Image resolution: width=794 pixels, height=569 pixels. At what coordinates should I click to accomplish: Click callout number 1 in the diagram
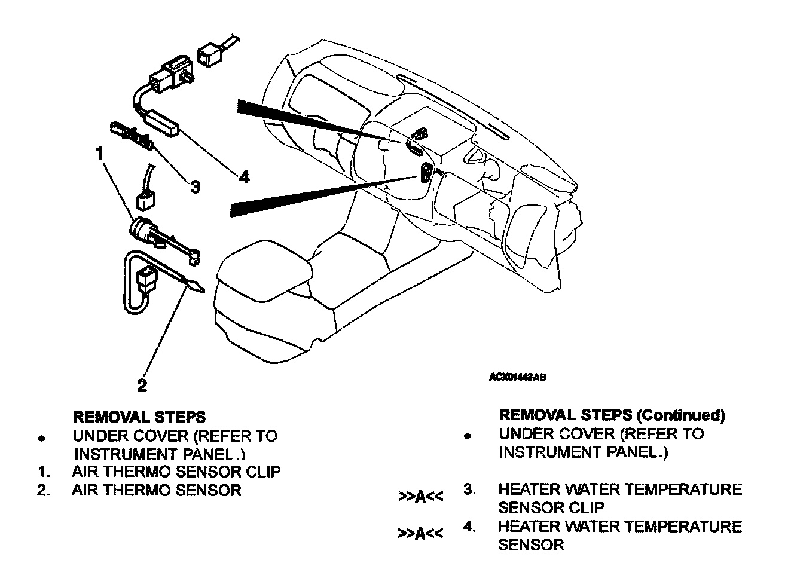[x=100, y=153]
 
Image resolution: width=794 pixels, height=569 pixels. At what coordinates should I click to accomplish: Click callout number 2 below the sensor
[x=142, y=386]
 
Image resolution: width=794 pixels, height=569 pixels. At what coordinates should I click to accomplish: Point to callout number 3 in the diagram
[x=195, y=186]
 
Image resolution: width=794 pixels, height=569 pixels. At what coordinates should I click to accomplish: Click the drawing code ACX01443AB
[x=517, y=377]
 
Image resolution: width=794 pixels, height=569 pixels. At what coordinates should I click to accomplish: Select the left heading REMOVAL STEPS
[x=139, y=417]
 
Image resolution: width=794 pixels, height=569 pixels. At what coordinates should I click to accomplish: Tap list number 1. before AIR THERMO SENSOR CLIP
[x=42, y=472]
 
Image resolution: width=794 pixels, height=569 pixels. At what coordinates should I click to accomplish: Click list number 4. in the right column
[x=470, y=527]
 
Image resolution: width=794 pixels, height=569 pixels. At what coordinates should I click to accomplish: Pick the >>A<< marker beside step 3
[x=421, y=497]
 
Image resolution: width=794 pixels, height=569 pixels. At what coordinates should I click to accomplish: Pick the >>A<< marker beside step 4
[x=421, y=534]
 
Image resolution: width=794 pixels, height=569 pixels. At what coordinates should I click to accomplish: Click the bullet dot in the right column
[x=468, y=436]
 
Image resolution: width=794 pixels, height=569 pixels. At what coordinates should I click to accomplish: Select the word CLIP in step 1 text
[x=264, y=472]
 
